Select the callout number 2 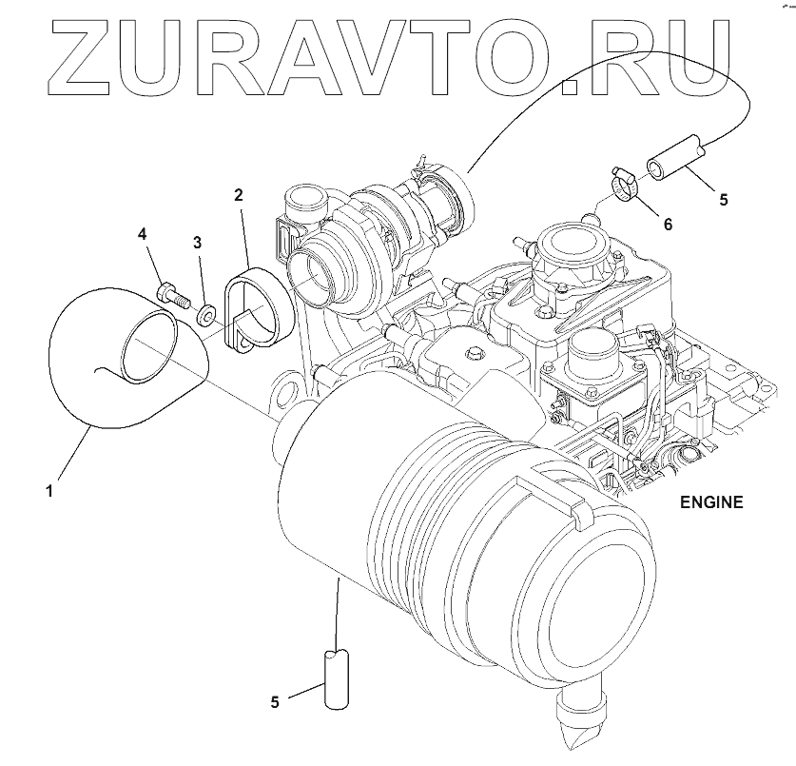(239, 195)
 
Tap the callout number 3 (198, 243)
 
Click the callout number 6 (667, 225)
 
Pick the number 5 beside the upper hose (723, 200)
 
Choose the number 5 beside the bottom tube (275, 702)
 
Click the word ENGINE (711, 501)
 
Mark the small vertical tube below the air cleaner (338, 678)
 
